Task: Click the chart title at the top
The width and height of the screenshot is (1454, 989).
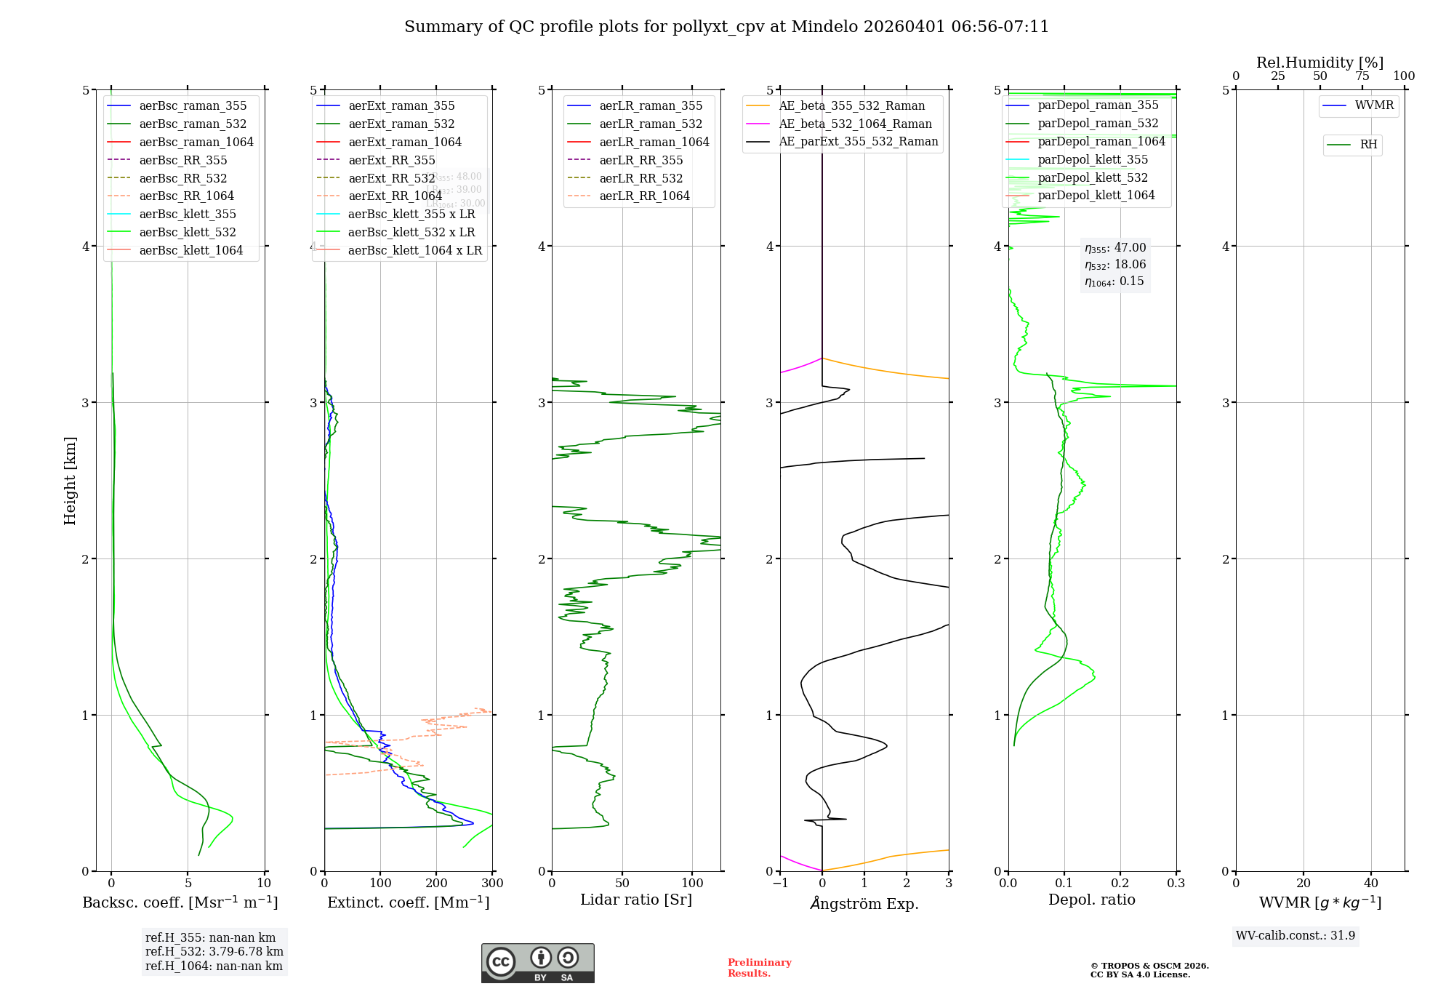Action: point(726,27)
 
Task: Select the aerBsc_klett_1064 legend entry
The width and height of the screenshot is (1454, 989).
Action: point(190,250)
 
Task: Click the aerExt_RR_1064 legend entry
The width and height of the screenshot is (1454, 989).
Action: point(395,196)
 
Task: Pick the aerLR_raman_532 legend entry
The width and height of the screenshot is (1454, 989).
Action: point(650,124)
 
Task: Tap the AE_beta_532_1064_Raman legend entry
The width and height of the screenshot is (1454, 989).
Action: point(855,124)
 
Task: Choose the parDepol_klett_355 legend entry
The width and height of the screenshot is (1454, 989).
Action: point(1093,159)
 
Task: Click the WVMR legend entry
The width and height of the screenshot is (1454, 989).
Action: point(1373,105)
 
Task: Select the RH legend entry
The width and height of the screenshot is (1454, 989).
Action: point(1368,145)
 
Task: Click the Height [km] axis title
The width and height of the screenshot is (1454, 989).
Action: point(70,481)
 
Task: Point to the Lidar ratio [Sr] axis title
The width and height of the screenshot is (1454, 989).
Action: point(636,900)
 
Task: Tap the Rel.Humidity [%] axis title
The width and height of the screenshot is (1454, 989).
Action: point(1320,63)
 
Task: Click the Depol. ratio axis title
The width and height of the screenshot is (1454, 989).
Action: point(1091,900)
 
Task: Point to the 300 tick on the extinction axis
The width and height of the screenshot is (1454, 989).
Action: point(492,884)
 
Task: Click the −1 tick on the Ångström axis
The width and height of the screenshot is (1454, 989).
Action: point(780,884)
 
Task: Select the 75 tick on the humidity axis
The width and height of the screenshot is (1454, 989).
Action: point(1362,76)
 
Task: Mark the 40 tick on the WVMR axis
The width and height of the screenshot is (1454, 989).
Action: point(1370,884)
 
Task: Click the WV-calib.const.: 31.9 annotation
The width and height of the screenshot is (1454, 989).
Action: point(1296,935)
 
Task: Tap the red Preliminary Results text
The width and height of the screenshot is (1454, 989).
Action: point(759,968)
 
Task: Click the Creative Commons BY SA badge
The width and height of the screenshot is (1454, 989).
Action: point(537,963)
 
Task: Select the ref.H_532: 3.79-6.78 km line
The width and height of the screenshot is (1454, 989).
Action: point(214,952)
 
